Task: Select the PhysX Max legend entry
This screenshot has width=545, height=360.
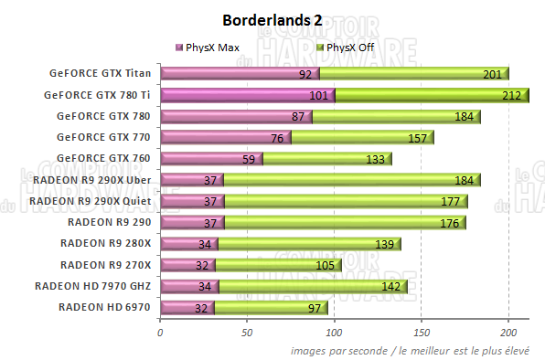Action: coord(210,48)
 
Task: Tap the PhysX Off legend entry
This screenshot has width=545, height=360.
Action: coord(347,48)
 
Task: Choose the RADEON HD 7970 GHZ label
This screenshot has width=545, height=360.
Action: coord(93,286)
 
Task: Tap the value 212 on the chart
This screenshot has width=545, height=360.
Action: coord(511,96)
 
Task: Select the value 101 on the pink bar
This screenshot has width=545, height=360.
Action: coord(319,96)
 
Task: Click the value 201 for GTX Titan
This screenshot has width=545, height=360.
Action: coord(492,75)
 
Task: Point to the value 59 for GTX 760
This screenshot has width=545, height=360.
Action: coord(250,160)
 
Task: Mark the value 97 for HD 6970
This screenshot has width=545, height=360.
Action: coord(314,308)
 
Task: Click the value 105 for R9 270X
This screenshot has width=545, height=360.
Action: coord(325,266)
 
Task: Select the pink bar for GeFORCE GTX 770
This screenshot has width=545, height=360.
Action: coord(225,138)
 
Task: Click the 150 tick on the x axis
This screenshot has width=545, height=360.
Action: coord(422,333)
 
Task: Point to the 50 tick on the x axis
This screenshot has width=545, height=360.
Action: coord(247,333)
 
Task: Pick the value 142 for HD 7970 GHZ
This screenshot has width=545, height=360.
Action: coord(390,287)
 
